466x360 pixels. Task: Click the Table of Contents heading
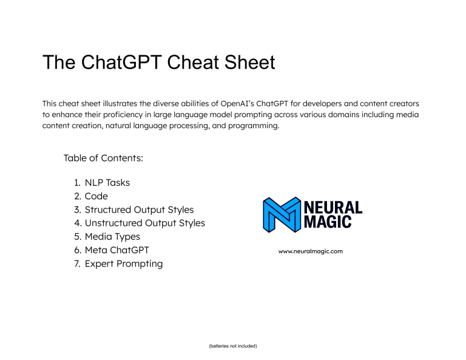point(103,158)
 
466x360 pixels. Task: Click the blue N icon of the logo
point(282,215)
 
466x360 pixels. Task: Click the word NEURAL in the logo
point(333,208)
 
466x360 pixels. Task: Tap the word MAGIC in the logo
point(328,223)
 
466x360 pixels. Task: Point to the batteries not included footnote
point(232,346)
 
